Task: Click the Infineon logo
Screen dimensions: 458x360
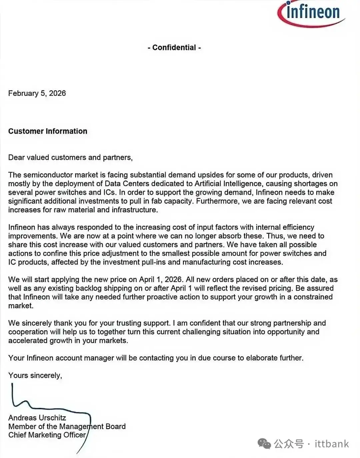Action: pyautogui.click(x=311, y=13)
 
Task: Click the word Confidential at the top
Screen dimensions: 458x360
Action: pyautogui.click(x=174, y=48)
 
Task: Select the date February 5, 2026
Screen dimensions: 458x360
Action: pyautogui.click(x=37, y=93)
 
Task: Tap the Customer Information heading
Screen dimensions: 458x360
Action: pyautogui.click(x=48, y=131)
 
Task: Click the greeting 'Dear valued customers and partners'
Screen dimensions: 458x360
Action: pyautogui.click(x=70, y=158)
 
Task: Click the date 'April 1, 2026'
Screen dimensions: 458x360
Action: pyautogui.click(x=160, y=279)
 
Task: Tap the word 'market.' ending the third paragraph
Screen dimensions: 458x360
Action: pyautogui.click(x=21, y=306)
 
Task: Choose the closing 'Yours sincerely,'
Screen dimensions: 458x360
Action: pyautogui.click(x=35, y=375)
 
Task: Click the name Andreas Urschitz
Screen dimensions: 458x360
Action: pyautogui.click(x=37, y=418)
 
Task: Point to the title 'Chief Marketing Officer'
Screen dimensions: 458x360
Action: pyautogui.click(x=47, y=435)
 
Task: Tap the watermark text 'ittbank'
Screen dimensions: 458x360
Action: pyautogui.click(x=332, y=444)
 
